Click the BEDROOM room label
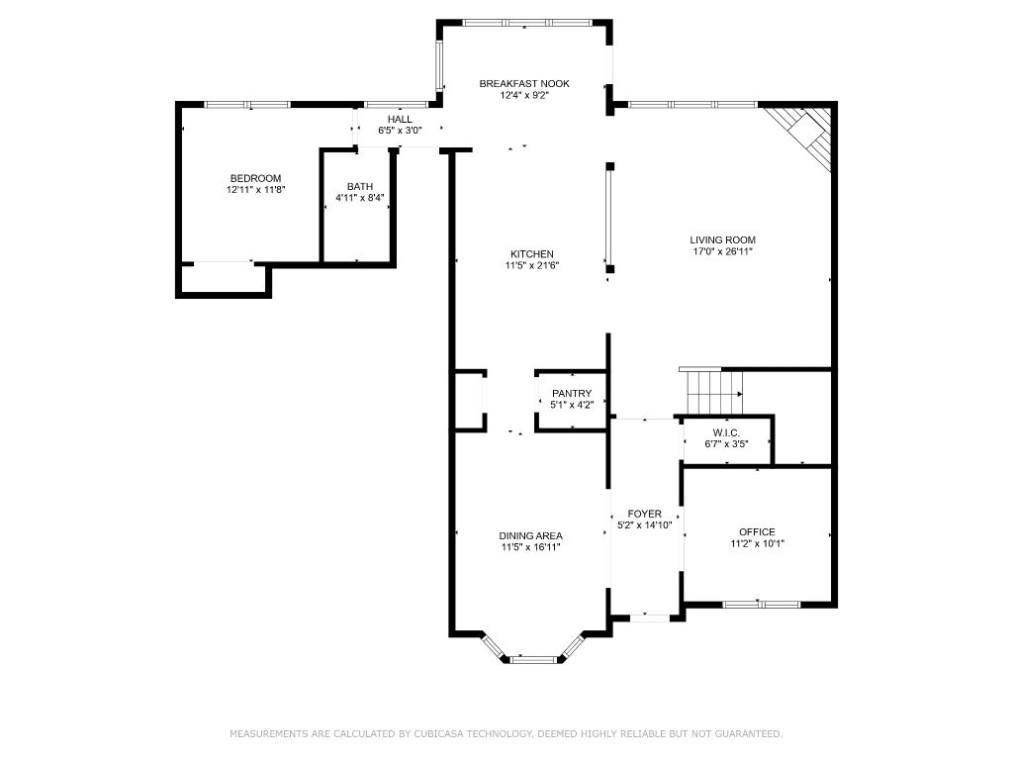[256, 178]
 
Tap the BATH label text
[360, 187]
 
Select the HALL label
[400, 120]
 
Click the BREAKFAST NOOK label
[524, 83]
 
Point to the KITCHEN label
[532, 254]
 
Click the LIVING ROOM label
[723, 239]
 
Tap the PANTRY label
[572, 393]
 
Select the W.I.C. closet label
[727, 432]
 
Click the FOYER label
[645, 514]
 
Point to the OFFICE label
[757, 531]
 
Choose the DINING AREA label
[531, 535]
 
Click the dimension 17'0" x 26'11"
[723, 251]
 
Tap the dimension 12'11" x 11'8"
[256, 190]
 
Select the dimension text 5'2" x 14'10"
[645, 525]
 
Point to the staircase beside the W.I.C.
[714, 391]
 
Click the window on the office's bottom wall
[761, 605]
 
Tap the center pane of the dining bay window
[533, 660]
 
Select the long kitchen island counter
[609, 218]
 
